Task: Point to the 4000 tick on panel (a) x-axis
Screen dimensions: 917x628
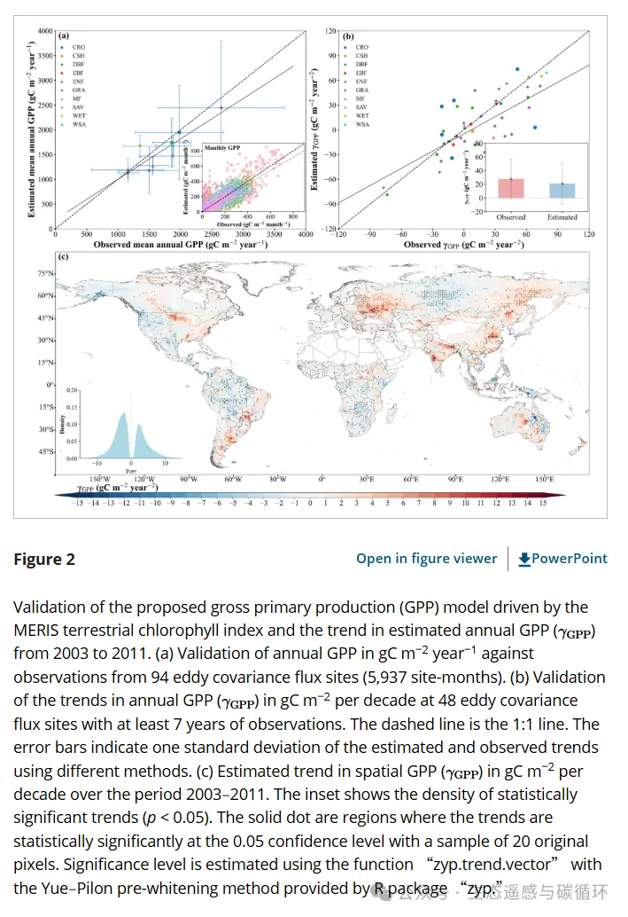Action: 306,234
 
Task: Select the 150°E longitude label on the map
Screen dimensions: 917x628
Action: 545,478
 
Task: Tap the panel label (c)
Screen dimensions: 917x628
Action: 63,257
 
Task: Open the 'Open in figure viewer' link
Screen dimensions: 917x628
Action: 426,558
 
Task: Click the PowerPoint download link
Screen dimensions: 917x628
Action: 563,558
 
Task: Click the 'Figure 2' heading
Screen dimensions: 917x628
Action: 44,559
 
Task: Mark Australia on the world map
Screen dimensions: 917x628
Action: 531,423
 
